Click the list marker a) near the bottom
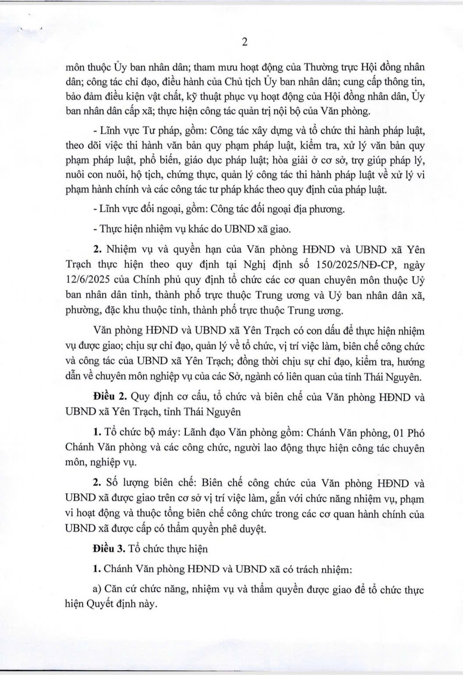pyautogui.click(x=98, y=589)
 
